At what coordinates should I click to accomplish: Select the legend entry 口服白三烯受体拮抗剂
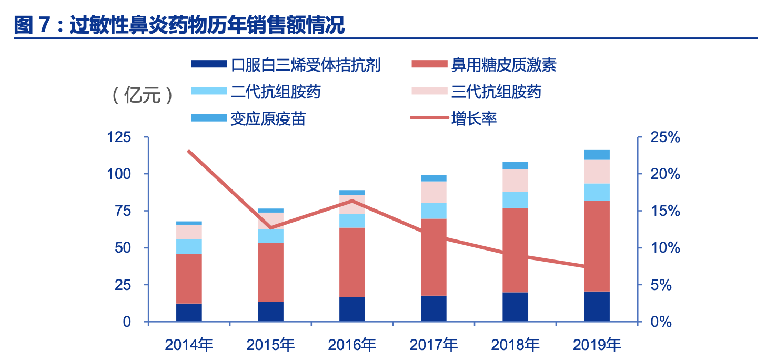pos(305,65)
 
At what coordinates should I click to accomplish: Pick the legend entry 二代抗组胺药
pos(275,92)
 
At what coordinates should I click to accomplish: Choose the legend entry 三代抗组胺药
pos(496,92)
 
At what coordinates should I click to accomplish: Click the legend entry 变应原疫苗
pos(268,119)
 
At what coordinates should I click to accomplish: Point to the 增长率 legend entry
pos(473,119)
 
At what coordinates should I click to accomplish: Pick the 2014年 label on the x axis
pos(189,345)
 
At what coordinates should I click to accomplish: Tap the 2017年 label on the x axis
pos(434,345)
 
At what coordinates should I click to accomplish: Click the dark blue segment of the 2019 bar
pos(597,306)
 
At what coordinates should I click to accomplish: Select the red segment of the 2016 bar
pos(352,262)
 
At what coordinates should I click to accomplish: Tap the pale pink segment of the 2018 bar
pos(515,181)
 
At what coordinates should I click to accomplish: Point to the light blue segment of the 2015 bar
pos(270,236)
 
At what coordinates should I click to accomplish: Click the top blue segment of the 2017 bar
pos(434,178)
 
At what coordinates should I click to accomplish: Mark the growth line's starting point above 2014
pos(189,152)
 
